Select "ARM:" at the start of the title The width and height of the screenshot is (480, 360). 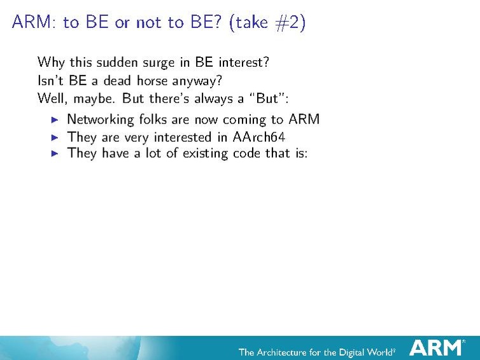pyautogui.click(x=34, y=23)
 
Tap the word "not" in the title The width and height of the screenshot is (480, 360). pyautogui.click(x=148, y=23)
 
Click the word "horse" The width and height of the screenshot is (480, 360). pyautogui.click(x=167, y=81)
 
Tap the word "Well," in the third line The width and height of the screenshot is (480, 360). pyautogui.click(x=52, y=99)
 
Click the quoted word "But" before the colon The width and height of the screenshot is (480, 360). pyautogui.click(x=267, y=99)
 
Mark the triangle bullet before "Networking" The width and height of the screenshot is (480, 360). pyautogui.click(x=55, y=120)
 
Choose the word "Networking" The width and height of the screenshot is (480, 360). pyautogui.click(x=101, y=120)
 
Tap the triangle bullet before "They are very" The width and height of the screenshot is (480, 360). pyautogui.click(x=55, y=137)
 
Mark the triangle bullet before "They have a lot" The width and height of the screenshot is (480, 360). pyautogui.click(x=55, y=154)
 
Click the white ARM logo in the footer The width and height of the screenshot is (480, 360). pyautogui.click(x=436, y=348)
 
